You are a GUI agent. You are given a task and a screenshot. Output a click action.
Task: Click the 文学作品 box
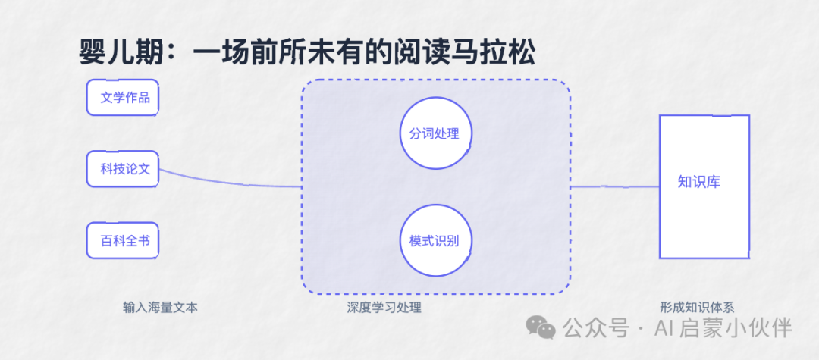pyautogui.click(x=123, y=98)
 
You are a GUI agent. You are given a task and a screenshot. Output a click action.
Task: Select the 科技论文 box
pyautogui.click(x=123, y=169)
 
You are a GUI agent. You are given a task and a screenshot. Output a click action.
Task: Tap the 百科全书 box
pyautogui.click(x=123, y=240)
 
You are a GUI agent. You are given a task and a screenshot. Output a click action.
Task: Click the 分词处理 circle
pyautogui.click(x=436, y=133)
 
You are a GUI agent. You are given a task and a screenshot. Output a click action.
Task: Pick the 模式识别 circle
pyautogui.click(x=436, y=240)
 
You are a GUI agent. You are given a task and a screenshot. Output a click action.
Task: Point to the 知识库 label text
pyautogui.click(x=699, y=182)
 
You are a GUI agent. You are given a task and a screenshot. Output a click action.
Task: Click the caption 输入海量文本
pyautogui.click(x=161, y=308)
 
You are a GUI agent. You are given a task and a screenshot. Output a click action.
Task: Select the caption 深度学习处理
pyautogui.click(x=384, y=308)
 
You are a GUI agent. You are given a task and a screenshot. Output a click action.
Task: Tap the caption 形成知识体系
pyautogui.click(x=697, y=308)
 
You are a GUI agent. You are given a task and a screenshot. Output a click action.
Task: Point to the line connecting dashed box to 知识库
pyautogui.click(x=615, y=186)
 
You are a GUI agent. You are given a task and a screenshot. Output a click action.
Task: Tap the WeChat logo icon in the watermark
pyautogui.click(x=540, y=327)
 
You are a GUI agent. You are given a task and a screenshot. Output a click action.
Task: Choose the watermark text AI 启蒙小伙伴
pyautogui.click(x=723, y=328)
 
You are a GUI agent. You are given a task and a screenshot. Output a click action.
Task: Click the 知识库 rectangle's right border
pyautogui.click(x=749, y=186)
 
